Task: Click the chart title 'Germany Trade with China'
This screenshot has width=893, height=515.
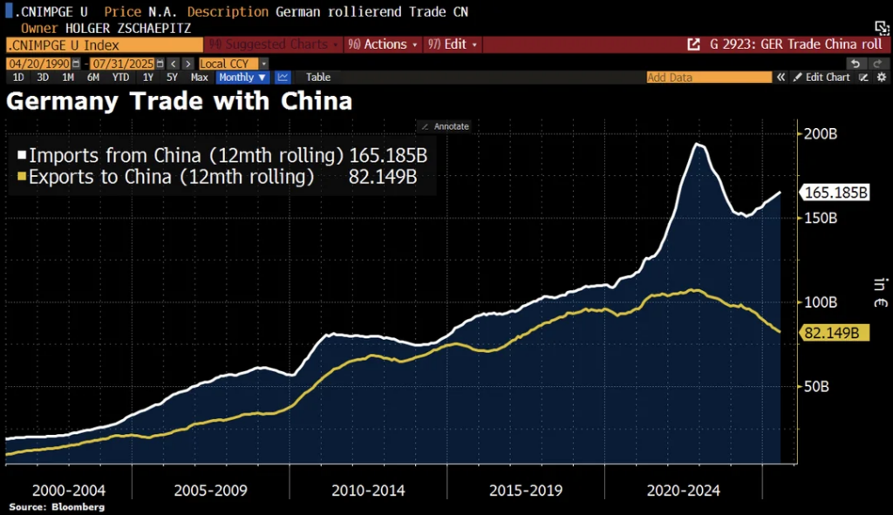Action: coord(179,102)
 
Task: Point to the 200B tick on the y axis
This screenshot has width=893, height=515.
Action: coord(819,136)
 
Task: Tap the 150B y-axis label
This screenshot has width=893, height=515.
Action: coord(819,219)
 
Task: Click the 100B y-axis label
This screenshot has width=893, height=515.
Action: coord(819,302)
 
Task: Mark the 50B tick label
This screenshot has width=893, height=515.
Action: coord(816,386)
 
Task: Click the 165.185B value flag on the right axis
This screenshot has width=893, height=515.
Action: coord(835,193)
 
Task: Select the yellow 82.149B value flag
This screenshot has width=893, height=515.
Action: coord(831,333)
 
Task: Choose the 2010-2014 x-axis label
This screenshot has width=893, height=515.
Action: coord(368,491)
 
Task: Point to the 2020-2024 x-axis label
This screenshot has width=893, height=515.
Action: coord(684,491)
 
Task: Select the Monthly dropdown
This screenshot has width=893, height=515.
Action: coord(242,78)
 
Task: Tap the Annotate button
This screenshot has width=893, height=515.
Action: coord(446,126)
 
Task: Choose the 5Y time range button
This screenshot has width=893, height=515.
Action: coord(173,78)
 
